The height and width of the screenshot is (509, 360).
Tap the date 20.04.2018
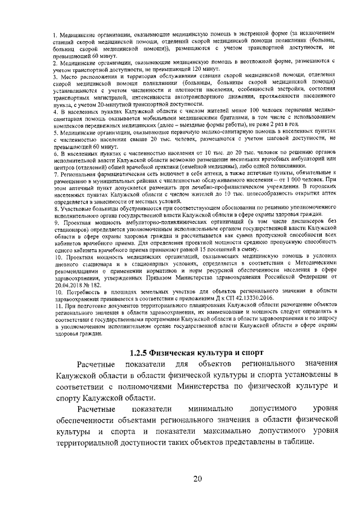70,285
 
